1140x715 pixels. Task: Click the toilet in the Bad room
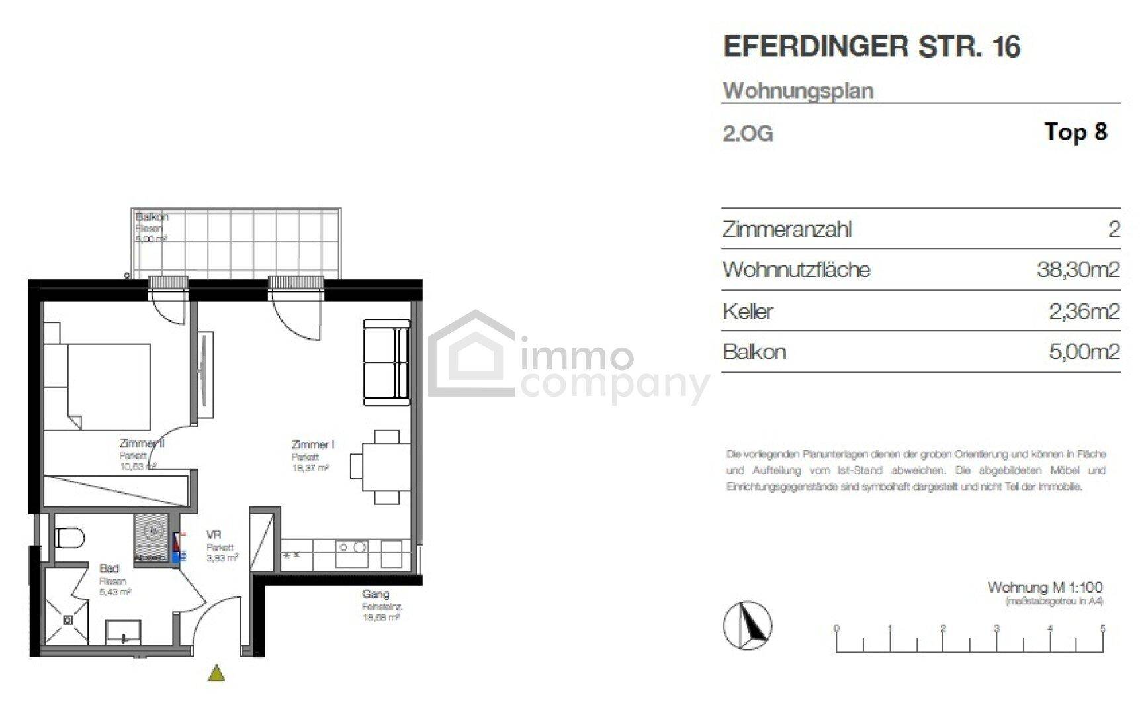point(68,538)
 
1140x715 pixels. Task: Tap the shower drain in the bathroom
point(67,620)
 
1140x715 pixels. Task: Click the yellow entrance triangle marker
point(216,674)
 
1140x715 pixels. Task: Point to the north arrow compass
point(747,624)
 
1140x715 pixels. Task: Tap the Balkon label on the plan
point(152,217)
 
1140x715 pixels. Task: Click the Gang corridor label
point(375,594)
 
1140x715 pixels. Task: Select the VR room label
point(214,535)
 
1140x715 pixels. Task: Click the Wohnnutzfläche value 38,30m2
point(1078,270)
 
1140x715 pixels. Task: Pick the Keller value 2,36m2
point(1084,311)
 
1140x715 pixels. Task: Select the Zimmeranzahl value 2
point(1114,230)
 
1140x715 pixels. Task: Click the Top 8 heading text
point(1075,132)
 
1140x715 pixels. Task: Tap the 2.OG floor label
point(748,134)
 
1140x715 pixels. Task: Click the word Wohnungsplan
point(798,91)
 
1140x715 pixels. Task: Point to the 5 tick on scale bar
point(1102,628)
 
